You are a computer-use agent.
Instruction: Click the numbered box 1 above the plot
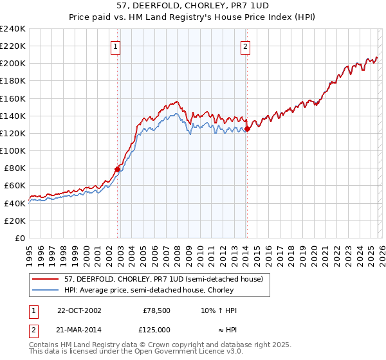(x=115, y=46)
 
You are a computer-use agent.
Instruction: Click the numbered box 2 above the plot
(x=246, y=46)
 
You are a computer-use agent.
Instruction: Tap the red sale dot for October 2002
(x=117, y=170)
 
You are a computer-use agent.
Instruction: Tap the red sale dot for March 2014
(x=247, y=129)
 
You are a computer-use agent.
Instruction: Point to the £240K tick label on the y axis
(x=13, y=29)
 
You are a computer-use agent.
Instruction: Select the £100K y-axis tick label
(x=13, y=150)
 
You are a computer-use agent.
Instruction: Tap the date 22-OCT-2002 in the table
(x=79, y=310)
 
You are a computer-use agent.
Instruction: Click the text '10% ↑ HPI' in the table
(x=219, y=310)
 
